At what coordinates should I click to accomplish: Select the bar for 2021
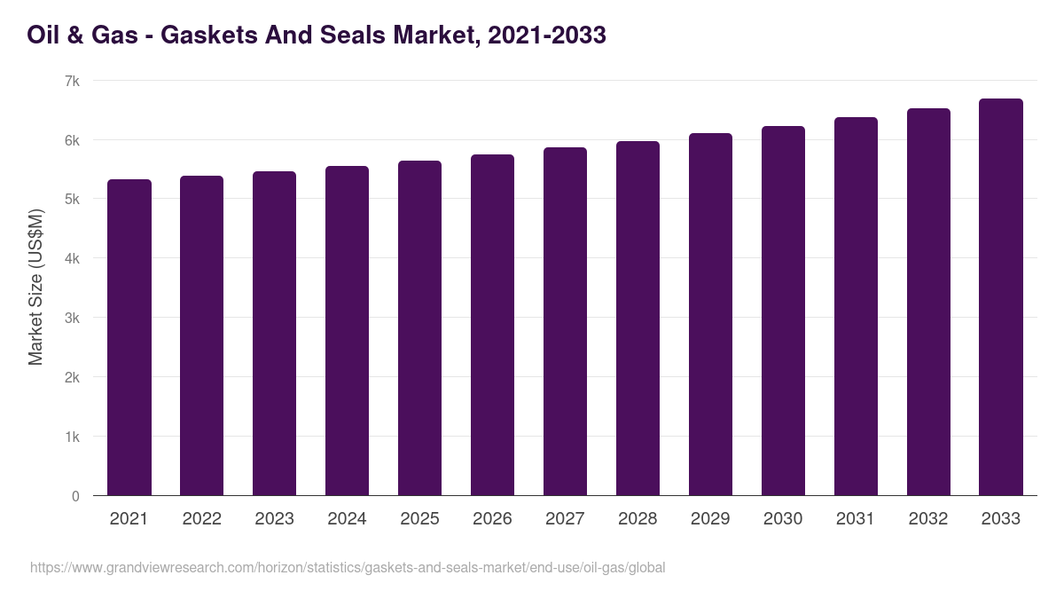click(x=129, y=337)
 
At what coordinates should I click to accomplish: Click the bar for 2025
click(x=419, y=328)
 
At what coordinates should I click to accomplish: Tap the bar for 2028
click(x=638, y=319)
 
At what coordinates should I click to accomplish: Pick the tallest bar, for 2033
click(x=1001, y=297)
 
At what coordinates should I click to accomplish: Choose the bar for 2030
click(x=783, y=311)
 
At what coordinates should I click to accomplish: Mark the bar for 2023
click(x=274, y=334)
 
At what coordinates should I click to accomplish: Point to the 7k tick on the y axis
click(x=72, y=81)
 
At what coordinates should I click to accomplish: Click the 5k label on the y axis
click(x=72, y=200)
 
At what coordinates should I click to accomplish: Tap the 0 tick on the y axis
click(x=75, y=496)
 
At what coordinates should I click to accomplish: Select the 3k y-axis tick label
click(x=72, y=318)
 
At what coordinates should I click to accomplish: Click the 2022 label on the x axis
click(x=201, y=519)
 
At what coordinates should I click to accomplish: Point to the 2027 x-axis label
click(x=565, y=519)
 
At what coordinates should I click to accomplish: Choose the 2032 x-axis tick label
click(x=928, y=519)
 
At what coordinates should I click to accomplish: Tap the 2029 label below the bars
click(x=710, y=519)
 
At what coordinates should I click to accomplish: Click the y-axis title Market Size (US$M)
click(x=35, y=287)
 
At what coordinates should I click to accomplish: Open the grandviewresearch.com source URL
click(x=348, y=567)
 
